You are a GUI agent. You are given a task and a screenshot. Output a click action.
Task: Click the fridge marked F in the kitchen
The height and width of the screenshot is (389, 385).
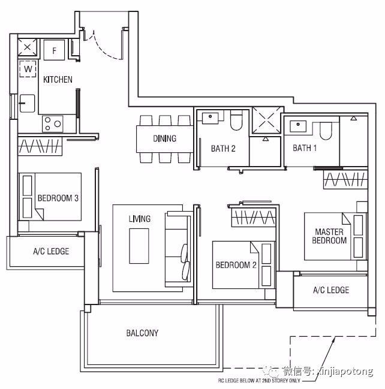(x=54, y=50)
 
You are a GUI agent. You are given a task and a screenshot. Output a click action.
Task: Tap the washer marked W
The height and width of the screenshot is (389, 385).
(x=28, y=69)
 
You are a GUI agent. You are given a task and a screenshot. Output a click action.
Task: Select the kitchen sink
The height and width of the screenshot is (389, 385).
(x=27, y=103)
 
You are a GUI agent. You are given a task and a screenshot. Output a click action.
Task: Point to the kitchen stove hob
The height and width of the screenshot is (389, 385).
(x=53, y=123)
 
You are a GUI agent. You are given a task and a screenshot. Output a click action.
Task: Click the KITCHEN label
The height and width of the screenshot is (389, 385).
(x=58, y=80)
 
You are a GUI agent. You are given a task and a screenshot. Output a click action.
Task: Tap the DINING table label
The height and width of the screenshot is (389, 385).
(x=164, y=138)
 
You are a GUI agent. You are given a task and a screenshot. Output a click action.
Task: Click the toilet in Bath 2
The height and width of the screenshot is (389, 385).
(x=236, y=120)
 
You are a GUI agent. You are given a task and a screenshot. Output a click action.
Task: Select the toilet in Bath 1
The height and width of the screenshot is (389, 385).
(x=326, y=131)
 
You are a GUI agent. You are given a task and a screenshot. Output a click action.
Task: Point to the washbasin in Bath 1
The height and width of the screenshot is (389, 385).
(x=298, y=126)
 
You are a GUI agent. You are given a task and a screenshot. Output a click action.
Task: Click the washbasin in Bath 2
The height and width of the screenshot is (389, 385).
(x=210, y=118)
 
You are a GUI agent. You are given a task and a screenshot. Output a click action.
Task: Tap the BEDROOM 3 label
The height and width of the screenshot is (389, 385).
(x=58, y=198)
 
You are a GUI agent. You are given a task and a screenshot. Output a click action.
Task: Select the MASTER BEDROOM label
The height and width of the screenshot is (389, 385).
(x=329, y=236)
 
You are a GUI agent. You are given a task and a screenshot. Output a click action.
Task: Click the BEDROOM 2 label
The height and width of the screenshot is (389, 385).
(x=236, y=265)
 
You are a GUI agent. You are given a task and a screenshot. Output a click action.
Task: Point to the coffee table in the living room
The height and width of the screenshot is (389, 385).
(x=139, y=246)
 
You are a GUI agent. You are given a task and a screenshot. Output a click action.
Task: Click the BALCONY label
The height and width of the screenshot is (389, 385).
(x=142, y=333)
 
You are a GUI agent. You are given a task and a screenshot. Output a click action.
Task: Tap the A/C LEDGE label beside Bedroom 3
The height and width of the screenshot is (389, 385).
(x=51, y=251)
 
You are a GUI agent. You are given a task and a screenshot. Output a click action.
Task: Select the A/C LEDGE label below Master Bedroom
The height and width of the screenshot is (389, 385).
(x=331, y=290)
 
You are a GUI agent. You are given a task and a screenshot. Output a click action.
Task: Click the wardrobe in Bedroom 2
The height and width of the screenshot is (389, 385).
(x=254, y=218)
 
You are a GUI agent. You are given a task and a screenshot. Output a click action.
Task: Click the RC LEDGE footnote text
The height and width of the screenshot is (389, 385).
(x=259, y=381)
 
